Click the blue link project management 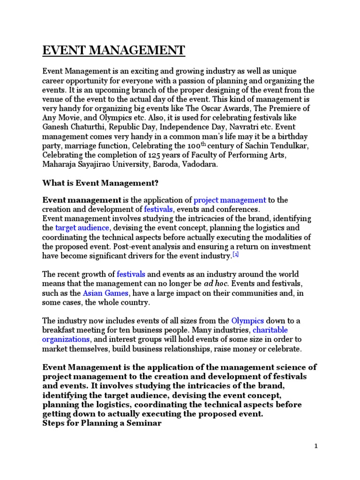click(230, 200)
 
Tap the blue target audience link click(82, 228)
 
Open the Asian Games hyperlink click(105, 293)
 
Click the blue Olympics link click(247, 321)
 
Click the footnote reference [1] click(236, 255)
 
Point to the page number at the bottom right click(316, 446)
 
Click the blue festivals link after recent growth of click(131, 274)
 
